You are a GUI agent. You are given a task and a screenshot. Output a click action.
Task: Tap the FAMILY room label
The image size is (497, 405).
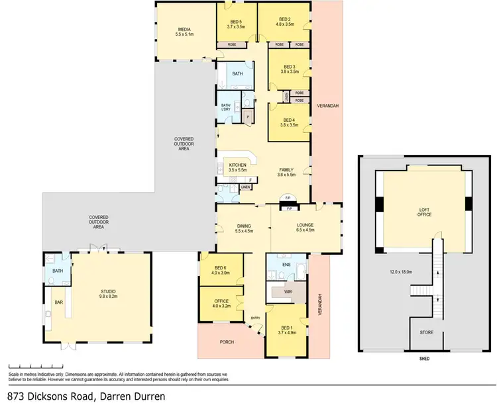pos(286,171)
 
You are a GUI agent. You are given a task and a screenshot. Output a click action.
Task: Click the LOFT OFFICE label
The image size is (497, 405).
pos(425,213)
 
